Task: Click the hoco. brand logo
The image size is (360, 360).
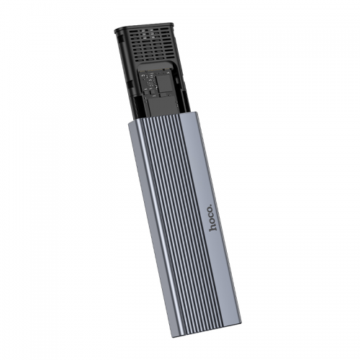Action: click(212, 217)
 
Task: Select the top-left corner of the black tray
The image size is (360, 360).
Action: click(117, 30)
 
